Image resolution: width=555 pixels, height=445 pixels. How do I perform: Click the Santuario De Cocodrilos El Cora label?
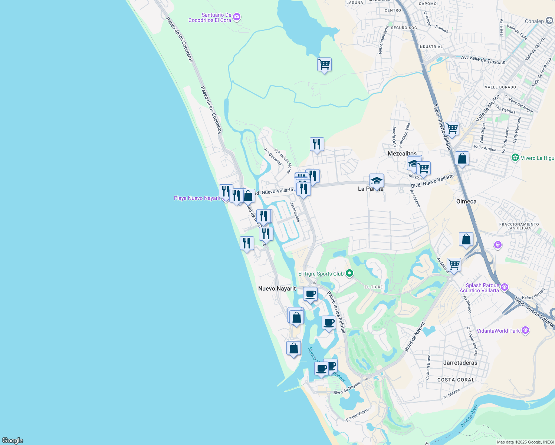(x=210, y=18)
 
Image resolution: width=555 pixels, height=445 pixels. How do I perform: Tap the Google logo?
(x=13, y=441)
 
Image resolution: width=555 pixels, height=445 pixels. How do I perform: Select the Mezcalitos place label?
(x=402, y=154)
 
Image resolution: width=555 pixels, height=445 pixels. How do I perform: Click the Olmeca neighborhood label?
(x=466, y=201)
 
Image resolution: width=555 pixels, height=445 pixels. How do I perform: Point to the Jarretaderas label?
(x=460, y=363)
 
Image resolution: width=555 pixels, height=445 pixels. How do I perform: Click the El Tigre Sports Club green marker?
(x=349, y=274)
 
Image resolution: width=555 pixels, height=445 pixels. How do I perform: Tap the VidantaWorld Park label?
(x=498, y=331)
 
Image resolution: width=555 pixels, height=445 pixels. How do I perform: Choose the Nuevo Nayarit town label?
(x=277, y=289)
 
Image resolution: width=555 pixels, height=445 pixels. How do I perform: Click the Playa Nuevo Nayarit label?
(x=197, y=198)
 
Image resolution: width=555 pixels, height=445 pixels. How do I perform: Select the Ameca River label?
(x=469, y=416)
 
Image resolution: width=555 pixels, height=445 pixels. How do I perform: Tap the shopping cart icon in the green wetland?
(x=324, y=65)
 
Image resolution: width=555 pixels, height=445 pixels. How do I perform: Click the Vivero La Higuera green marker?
(x=515, y=158)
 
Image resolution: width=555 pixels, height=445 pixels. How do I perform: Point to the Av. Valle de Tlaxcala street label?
(x=483, y=60)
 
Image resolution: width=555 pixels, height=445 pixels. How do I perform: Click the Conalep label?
(x=534, y=21)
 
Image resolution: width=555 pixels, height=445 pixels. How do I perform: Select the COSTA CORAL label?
(x=456, y=380)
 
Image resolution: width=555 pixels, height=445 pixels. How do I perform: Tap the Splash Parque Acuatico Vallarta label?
(x=482, y=288)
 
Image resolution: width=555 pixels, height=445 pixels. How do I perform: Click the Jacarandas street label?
(x=295, y=212)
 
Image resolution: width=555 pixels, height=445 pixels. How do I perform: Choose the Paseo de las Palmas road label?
(x=336, y=312)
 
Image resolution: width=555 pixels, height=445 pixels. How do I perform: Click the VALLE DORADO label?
(x=500, y=87)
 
